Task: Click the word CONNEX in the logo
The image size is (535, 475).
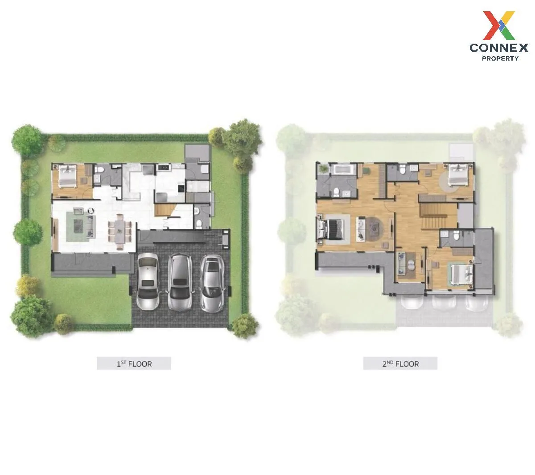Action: coord(499,47)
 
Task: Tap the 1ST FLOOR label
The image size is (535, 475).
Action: coord(134,364)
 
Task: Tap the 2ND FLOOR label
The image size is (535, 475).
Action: coord(400,364)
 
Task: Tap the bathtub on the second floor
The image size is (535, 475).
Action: coord(342,170)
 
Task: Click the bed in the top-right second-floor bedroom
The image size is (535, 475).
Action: coord(458,175)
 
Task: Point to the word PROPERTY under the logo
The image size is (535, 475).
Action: coord(500,58)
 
